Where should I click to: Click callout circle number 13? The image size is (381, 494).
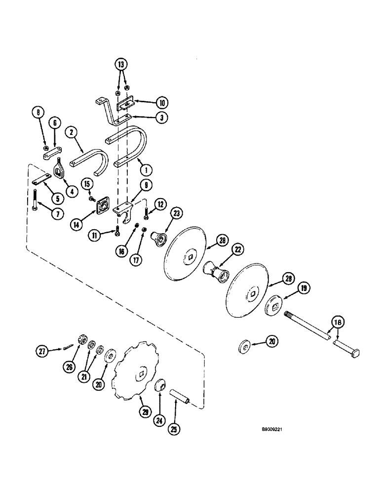pyautogui.click(x=121, y=64)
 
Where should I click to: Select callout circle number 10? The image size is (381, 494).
pyautogui.click(x=161, y=103)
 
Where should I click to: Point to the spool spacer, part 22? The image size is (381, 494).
pyautogui.click(x=216, y=272)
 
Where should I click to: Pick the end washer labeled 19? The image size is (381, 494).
pyautogui.click(x=273, y=306)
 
